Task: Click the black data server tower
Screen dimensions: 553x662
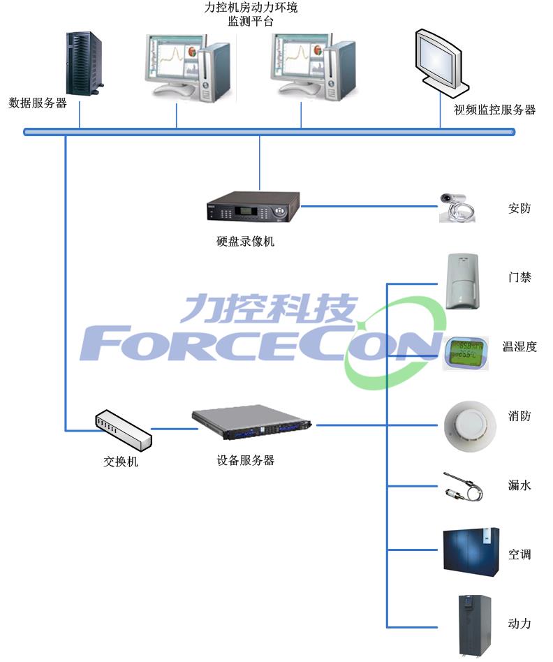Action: tap(84, 64)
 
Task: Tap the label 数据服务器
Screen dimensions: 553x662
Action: tap(38, 103)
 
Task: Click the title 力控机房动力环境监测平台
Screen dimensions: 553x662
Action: tap(251, 14)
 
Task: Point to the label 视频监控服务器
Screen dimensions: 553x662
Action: tap(494, 110)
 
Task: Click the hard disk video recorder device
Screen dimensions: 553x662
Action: tap(253, 207)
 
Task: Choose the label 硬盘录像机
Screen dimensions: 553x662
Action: tap(245, 241)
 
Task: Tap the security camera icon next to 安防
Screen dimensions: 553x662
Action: tap(457, 207)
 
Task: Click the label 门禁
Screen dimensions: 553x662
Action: tap(519, 277)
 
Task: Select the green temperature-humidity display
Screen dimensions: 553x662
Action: tap(466, 353)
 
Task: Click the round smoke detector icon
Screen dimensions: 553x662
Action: tap(469, 426)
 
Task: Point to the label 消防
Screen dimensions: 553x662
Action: tap(519, 416)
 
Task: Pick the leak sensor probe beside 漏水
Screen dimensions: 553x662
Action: tap(463, 487)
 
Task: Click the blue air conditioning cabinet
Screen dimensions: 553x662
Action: tap(471, 552)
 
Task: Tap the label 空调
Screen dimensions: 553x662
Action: tap(519, 554)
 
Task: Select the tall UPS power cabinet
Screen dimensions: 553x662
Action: tap(475, 626)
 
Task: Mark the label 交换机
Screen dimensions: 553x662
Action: tap(121, 462)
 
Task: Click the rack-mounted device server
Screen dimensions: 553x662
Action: tap(251, 422)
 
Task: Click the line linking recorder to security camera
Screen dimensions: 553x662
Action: tap(369, 207)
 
